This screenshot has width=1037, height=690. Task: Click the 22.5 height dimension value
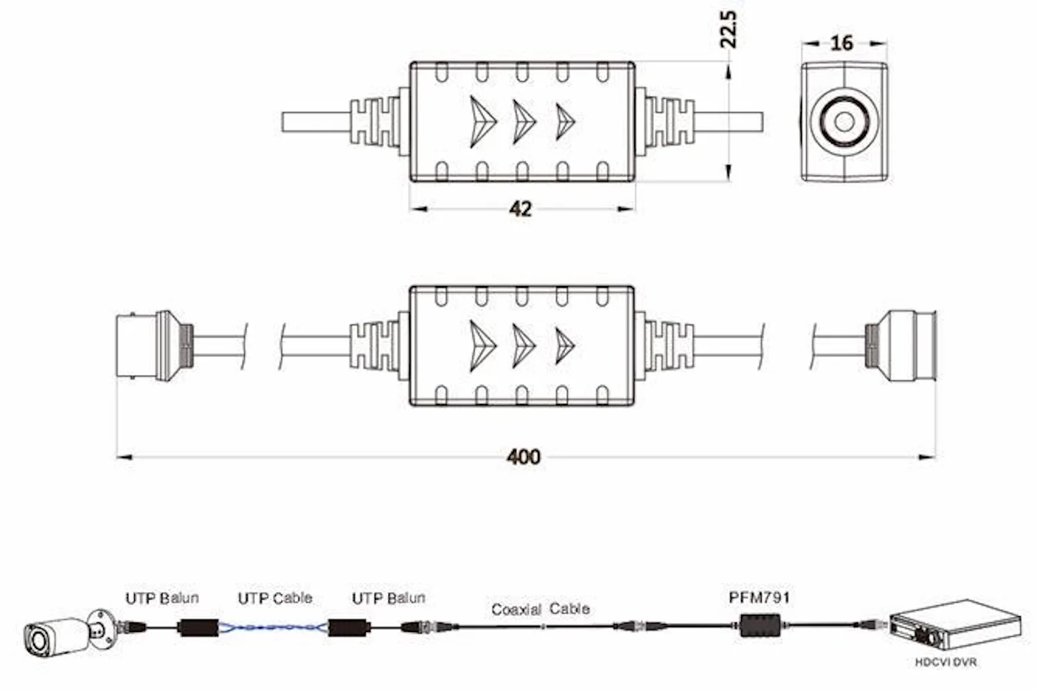pyautogui.click(x=728, y=29)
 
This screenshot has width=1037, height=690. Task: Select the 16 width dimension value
pyautogui.click(x=841, y=43)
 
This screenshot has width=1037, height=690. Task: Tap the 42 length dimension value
pyautogui.click(x=521, y=209)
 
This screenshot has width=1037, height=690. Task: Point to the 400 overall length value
pyautogui.click(x=523, y=457)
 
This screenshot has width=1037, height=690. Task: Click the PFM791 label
pyautogui.click(x=759, y=597)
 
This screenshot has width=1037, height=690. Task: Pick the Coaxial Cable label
pyautogui.click(x=541, y=609)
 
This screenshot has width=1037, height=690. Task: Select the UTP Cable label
pyautogui.click(x=275, y=598)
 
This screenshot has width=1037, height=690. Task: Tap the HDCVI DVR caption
pyautogui.click(x=946, y=662)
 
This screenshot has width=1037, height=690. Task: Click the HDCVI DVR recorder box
pyautogui.click(x=955, y=626)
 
